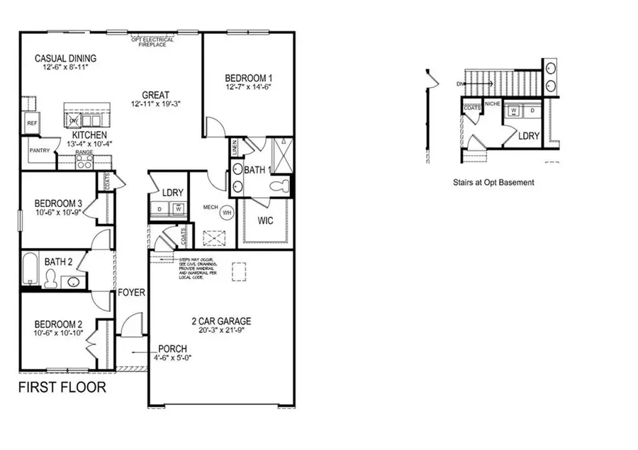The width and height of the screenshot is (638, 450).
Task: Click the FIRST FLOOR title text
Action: pyautogui.click(x=62, y=388)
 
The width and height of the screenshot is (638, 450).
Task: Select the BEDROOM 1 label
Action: pyautogui.click(x=248, y=78)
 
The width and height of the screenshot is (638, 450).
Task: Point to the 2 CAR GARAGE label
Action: pyautogui.click(x=220, y=321)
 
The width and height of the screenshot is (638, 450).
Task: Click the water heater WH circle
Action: pyautogui.click(x=227, y=212)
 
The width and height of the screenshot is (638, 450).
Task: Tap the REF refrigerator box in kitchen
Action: pyautogui.click(x=32, y=123)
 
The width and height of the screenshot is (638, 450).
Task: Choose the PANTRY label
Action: pyautogui.click(x=38, y=150)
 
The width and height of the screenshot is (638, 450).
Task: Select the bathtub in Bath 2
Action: pyautogui.click(x=30, y=269)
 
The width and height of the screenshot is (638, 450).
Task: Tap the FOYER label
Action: pyautogui.click(x=132, y=292)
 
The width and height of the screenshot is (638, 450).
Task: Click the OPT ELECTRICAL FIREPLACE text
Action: pyautogui.click(x=153, y=41)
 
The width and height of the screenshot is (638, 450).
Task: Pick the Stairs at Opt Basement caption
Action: pyautogui.click(x=493, y=182)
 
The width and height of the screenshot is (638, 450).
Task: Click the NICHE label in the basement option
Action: pyautogui.click(x=493, y=104)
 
